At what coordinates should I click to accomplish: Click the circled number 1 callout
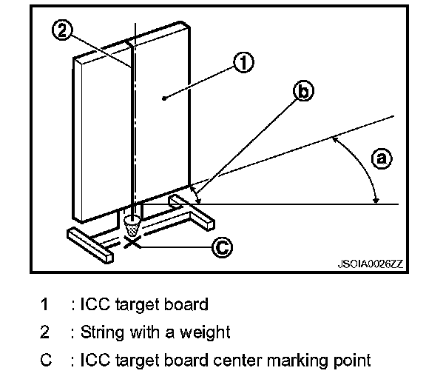[x=243, y=62]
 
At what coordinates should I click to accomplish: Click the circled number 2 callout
[x=62, y=30]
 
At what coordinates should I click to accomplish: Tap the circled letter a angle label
[x=382, y=158]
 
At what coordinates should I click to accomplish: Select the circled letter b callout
[x=303, y=91]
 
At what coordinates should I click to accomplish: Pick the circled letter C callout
[x=222, y=247]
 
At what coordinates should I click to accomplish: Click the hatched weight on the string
[x=132, y=225]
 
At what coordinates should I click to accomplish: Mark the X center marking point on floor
[x=132, y=241]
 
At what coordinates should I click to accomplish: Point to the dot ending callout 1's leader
[x=164, y=98]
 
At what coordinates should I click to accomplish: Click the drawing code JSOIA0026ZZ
[x=371, y=264]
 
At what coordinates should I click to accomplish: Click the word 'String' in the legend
[x=102, y=332]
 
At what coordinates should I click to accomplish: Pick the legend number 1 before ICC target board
[x=44, y=304]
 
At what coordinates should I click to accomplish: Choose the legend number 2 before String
[x=45, y=332]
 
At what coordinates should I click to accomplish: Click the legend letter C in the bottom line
[x=46, y=361]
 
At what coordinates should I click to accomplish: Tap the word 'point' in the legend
[x=352, y=361]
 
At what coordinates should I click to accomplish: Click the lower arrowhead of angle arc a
[x=376, y=201]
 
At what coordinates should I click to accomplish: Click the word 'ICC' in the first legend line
[x=95, y=304]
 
